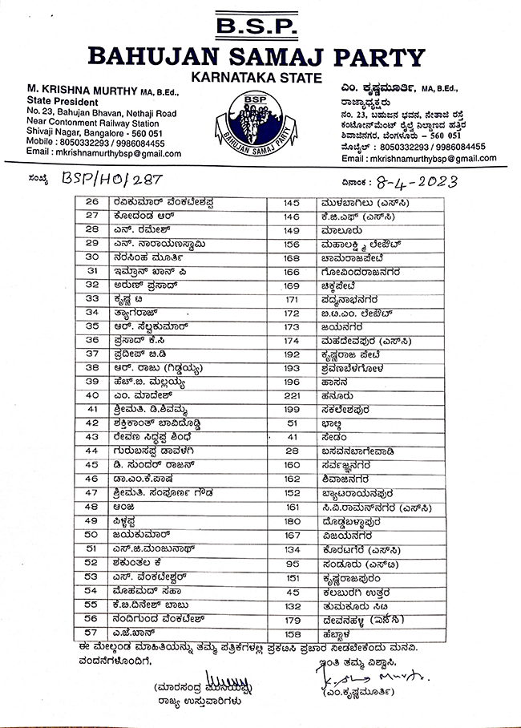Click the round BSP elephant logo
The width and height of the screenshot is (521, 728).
[256, 120]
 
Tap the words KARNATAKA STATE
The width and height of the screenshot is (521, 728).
[256, 78]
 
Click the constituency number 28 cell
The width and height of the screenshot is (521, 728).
[292, 451]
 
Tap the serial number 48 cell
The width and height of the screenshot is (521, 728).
[92, 507]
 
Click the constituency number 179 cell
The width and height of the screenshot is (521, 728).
[292, 618]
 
